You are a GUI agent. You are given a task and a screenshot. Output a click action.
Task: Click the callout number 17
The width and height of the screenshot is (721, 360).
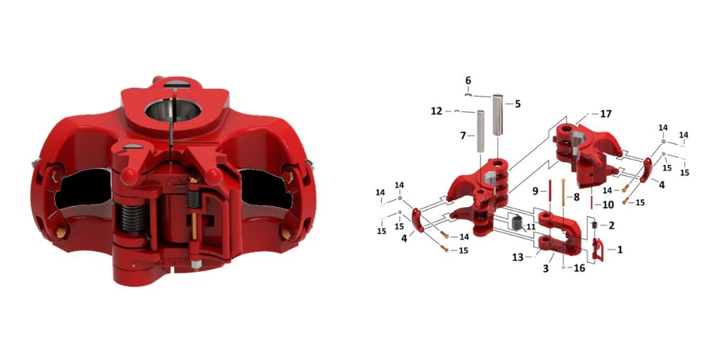pos(606,113)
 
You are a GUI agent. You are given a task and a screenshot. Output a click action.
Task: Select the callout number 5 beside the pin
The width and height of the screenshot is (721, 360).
pos(518,104)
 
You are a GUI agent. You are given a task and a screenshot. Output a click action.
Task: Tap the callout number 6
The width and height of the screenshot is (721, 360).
pos(468,80)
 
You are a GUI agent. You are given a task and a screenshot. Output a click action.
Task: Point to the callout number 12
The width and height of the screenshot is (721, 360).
pos(437,111)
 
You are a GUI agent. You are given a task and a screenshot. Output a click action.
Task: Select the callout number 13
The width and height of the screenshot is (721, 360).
pos(518,258)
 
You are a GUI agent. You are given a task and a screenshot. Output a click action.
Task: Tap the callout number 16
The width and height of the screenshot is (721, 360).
pos(579,268)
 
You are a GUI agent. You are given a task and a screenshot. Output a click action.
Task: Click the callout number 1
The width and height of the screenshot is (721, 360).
pos(620,249)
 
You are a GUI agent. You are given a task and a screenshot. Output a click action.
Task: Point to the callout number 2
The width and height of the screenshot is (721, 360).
pos(610,225)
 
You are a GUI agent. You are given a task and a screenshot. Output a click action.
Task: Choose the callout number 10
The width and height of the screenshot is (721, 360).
pos(608,204)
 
